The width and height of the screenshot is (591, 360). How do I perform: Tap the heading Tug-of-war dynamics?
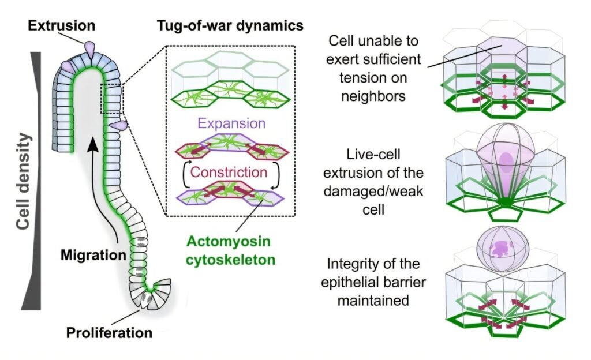pos(230,26)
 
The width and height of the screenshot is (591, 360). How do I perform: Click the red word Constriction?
pos(229,172)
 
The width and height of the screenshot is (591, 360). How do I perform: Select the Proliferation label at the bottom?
pos(109,333)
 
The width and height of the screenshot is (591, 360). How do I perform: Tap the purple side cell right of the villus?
pos(119,125)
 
